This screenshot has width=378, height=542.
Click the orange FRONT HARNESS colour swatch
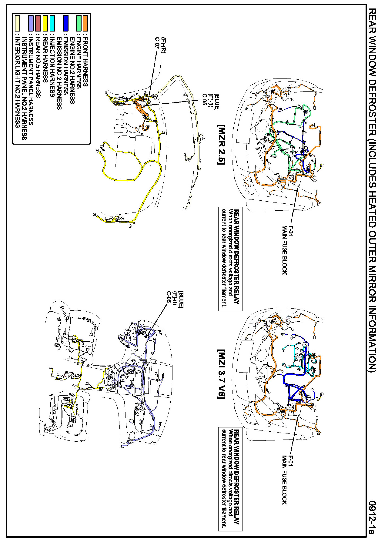[85, 23]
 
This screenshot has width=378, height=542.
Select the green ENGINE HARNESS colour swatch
[79, 23]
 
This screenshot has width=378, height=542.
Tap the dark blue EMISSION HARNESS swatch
[65, 23]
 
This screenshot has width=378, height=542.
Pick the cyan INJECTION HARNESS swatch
[52, 23]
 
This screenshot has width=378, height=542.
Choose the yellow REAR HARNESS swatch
[45, 23]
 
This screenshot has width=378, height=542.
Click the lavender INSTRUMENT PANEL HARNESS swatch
[31, 23]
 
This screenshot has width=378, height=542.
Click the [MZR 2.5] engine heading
[221, 144]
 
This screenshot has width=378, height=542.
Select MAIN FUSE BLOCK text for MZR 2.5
[284, 250]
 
